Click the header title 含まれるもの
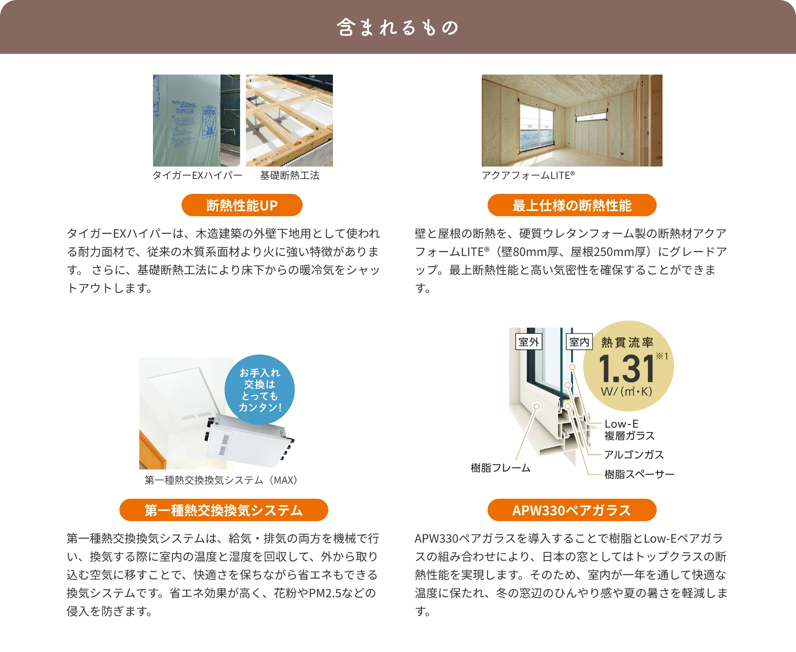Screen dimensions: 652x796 pos(398,27)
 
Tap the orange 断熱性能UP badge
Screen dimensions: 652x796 pos(242,205)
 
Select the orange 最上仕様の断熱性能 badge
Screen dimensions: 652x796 pos(572,205)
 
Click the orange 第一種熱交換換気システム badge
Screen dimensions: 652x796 pos(223,510)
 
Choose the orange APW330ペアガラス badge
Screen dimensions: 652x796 pos(572,510)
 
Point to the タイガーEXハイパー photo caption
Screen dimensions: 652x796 pos(197,175)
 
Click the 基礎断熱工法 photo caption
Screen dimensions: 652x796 pos(290,175)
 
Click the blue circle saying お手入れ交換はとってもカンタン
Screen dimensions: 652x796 pos(260,390)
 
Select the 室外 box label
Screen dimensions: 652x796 pos(529,342)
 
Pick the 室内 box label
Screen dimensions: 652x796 pos(579,342)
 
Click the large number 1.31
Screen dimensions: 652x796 pos(626,369)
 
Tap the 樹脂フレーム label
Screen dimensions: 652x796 pos(500,468)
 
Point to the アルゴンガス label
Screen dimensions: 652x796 pos(634,454)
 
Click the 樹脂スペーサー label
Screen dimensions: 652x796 pos(639,474)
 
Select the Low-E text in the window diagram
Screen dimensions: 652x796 pos(621,424)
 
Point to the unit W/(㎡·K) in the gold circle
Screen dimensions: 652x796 pos(626,391)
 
